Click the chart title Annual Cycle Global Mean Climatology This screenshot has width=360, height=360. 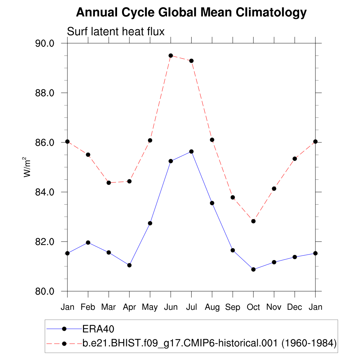(191, 13)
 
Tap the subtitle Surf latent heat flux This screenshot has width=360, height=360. (116, 32)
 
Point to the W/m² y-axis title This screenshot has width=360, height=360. (27, 167)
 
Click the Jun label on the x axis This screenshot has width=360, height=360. (171, 307)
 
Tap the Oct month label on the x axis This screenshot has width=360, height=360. (253, 307)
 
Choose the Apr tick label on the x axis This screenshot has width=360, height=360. (129, 307)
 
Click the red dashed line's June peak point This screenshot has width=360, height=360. (171, 56)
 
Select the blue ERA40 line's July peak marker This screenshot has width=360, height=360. (191, 152)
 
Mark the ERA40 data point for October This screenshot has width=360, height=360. (253, 269)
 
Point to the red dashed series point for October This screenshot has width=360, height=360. (253, 221)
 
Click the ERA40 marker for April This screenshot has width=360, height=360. (129, 265)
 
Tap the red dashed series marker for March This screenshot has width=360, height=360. (109, 183)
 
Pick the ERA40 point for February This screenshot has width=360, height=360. (88, 243)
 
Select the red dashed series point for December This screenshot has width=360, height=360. (295, 159)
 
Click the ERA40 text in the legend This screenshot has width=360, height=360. (99, 329)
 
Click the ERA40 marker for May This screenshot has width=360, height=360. (150, 223)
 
